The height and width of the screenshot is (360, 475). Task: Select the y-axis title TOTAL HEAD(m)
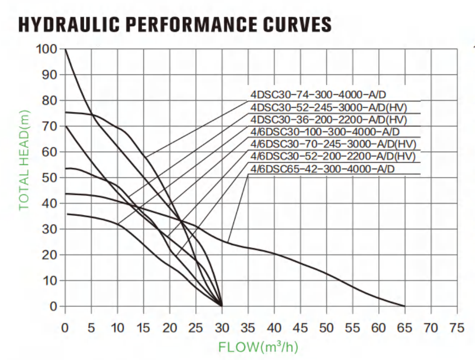[x=24, y=160]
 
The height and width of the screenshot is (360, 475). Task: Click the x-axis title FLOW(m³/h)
[x=258, y=347]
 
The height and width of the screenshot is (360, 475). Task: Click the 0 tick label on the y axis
[x=53, y=306]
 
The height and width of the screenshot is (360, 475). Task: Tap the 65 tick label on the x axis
[x=404, y=328]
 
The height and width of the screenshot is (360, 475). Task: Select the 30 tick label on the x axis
[x=222, y=328]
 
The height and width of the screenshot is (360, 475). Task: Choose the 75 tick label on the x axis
[x=457, y=328]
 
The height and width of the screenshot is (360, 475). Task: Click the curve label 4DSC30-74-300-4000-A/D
[x=318, y=94]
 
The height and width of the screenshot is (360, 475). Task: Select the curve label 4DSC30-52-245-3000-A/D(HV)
[x=329, y=107]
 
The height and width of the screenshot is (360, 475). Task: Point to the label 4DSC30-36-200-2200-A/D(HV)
[x=329, y=120]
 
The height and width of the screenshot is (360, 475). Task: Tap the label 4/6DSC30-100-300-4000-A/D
[x=325, y=132]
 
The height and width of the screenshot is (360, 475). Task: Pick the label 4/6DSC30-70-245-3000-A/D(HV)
[x=333, y=144]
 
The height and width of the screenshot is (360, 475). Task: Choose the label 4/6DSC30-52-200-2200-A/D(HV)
[x=333, y=156]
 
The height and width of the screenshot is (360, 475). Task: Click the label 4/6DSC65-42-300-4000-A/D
[x=323, y=169]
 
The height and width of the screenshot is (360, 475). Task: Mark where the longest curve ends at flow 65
[x=404, y=306]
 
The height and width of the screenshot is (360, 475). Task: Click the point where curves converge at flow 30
[x=222, y=306]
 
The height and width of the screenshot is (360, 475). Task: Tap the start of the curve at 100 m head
[x=65, y=49]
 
